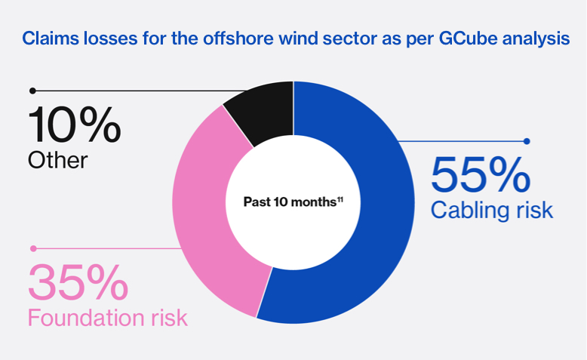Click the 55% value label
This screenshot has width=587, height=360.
(480, 174)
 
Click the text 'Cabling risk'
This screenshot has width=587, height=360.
(491, 210)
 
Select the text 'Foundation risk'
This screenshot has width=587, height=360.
(107, 317)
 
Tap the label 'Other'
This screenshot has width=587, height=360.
(58, 160)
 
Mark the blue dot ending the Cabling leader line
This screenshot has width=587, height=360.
(527, 141)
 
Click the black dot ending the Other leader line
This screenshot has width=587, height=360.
(32, 91)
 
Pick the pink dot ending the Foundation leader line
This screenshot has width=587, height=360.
(32, 248)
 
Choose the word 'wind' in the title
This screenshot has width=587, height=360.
(278, 38)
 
